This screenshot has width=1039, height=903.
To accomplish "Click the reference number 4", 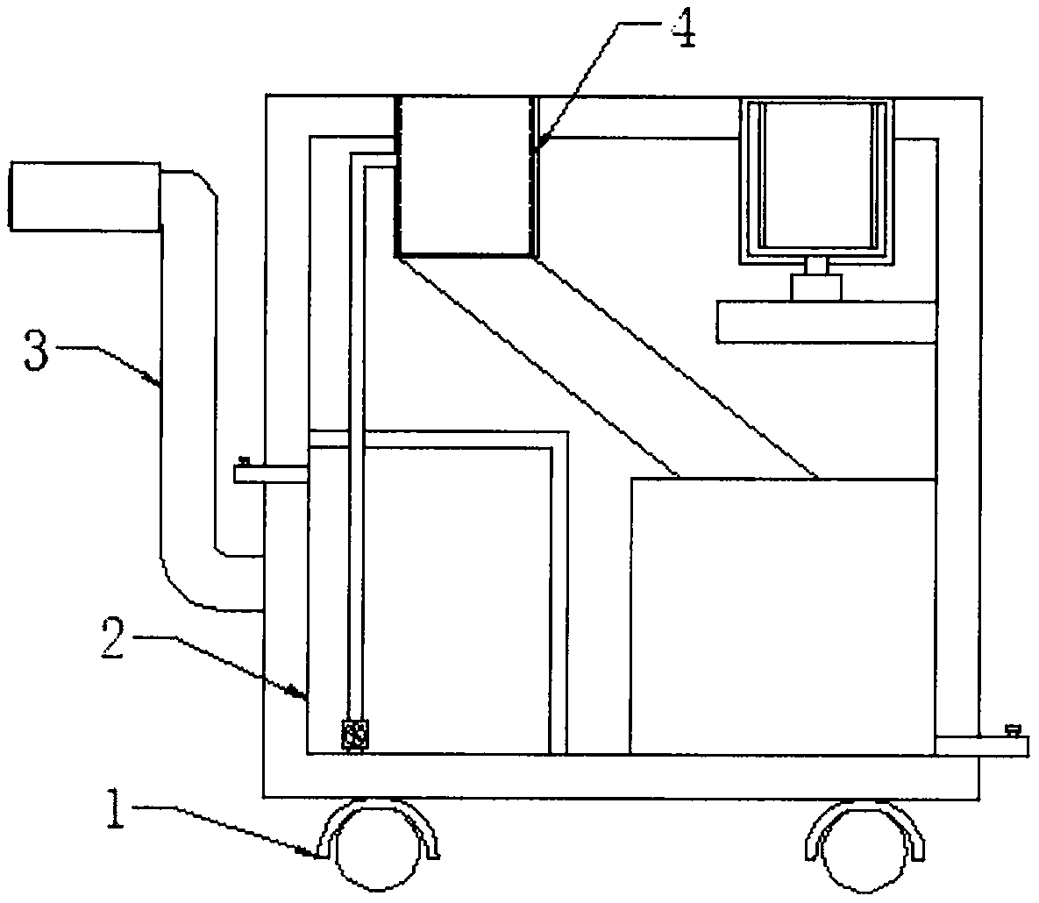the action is point(683,31).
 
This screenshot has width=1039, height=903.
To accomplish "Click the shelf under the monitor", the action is point(825,322).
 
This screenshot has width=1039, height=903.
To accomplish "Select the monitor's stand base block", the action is point(816,287).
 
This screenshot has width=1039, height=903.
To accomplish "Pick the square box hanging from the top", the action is point(465,175).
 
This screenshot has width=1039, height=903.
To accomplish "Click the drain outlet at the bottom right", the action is point(982,745).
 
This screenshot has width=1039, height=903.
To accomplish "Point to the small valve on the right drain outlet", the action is point(1014,729).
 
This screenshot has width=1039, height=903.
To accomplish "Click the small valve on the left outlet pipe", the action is point(245,460).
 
